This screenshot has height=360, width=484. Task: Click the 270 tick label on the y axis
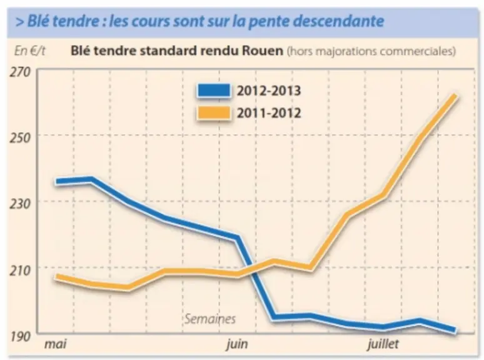[21, 72]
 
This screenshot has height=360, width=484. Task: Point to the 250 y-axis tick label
[21, 138]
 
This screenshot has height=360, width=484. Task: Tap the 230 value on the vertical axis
[21, 204]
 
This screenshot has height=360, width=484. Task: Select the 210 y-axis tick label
[21, 270]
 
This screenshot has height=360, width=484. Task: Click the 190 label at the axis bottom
[21, 336]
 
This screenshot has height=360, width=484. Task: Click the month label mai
[56, 344]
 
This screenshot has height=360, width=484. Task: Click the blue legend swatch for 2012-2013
[214, 91]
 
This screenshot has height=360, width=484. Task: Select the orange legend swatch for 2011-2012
[214, 113]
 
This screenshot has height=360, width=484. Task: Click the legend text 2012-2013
[268, 91]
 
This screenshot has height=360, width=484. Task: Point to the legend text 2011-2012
[268, 113]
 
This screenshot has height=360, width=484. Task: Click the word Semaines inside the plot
[210, 319]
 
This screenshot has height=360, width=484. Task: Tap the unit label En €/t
[29, 51]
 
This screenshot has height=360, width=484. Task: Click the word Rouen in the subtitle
[263, 51]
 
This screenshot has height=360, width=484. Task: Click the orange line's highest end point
[455, 96]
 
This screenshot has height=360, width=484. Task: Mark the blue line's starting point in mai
[56, 182]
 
